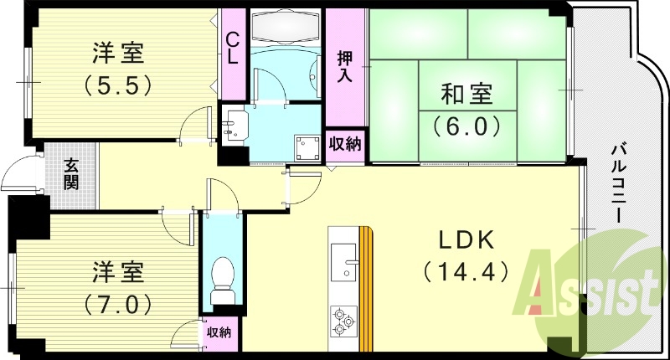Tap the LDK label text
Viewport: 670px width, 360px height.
pos(466,241)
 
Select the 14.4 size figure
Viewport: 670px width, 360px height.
pos(466,272)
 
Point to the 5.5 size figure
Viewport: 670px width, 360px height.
pos(117,85)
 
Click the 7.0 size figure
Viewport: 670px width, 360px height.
pos(117,300)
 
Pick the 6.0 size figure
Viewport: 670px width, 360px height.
pos(466,126)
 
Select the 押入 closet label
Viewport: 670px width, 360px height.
pos(345,68)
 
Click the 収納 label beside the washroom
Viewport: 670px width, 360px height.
pos(344,143)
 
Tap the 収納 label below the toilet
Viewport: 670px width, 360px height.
pos(219,333)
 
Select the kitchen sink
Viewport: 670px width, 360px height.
pos(345,258)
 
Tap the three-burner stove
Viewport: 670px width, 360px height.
pos(344,321)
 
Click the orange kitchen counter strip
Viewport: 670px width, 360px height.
pos(365,289)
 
